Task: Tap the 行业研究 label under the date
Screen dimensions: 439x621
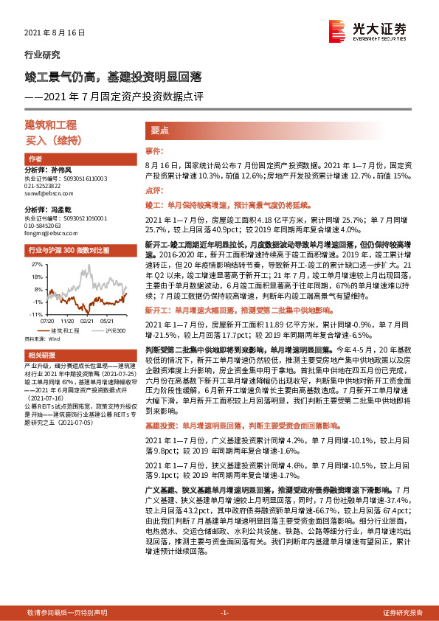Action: [x=38, y=55]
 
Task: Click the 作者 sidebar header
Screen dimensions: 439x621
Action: [x=35, y=159]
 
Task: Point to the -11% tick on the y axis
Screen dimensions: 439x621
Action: [x=35, y=314]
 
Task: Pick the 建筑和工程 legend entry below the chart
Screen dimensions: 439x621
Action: [x=69, y=331]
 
